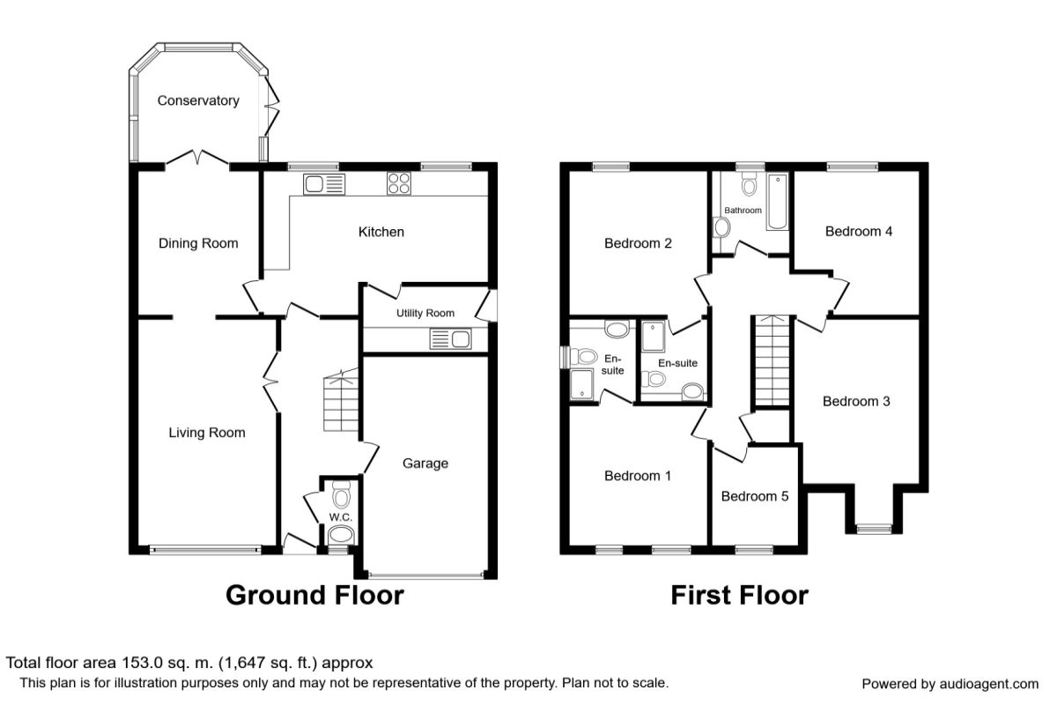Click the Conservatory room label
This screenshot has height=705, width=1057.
(198, 100)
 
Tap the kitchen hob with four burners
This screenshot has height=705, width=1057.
(398, 184)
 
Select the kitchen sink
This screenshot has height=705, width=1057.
(325, 184)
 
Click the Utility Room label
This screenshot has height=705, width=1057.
(425, 313)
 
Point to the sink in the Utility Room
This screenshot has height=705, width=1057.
(451, 338)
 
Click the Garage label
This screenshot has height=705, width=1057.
(425, 464)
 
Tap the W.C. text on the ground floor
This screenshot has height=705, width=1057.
(341, 516)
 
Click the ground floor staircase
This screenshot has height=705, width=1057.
(339, 404)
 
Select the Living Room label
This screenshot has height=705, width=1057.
(207, 433)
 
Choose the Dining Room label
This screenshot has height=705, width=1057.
(198, 243)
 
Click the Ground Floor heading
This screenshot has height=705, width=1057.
(314, 595)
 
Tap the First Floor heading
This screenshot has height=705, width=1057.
(739, 595)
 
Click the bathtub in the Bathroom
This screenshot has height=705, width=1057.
(776, 203)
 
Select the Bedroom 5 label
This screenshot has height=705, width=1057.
(755, 496)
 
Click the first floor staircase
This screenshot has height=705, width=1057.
(772, 361)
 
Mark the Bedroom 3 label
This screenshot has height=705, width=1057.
(856, 402)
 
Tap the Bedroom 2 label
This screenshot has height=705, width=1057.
(639, 244)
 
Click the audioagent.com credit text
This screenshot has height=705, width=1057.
(950, 684)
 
